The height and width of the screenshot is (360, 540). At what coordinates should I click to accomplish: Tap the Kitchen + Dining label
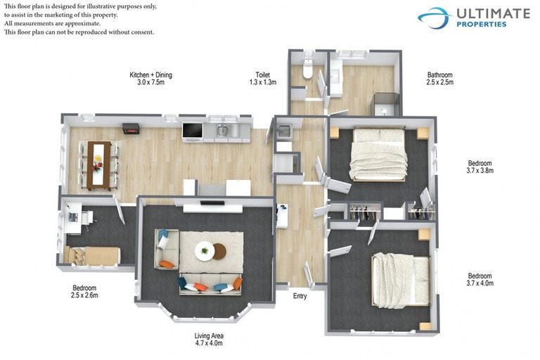150,79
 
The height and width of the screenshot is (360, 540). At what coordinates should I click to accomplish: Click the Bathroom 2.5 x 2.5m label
440,79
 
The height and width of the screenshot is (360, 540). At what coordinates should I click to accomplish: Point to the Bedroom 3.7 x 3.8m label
480,167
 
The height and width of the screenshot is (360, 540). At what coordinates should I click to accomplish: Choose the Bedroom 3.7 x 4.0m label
480,280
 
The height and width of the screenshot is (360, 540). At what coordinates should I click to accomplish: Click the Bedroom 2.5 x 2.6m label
84,292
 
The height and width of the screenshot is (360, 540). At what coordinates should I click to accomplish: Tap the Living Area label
208,340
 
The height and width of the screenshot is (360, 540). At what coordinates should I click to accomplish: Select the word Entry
300,296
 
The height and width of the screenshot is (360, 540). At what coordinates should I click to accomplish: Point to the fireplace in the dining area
131,129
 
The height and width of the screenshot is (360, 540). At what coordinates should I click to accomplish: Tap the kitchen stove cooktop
191,130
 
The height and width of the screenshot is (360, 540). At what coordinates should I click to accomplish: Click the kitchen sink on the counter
222,130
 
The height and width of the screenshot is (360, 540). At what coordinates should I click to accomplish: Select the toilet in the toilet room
307,69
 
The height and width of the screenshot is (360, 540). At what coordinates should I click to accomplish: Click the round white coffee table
205,250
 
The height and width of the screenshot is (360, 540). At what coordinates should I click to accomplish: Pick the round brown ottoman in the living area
219,251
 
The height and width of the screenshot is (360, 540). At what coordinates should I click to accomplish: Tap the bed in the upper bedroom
378,153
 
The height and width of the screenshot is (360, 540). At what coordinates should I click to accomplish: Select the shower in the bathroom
386,105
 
